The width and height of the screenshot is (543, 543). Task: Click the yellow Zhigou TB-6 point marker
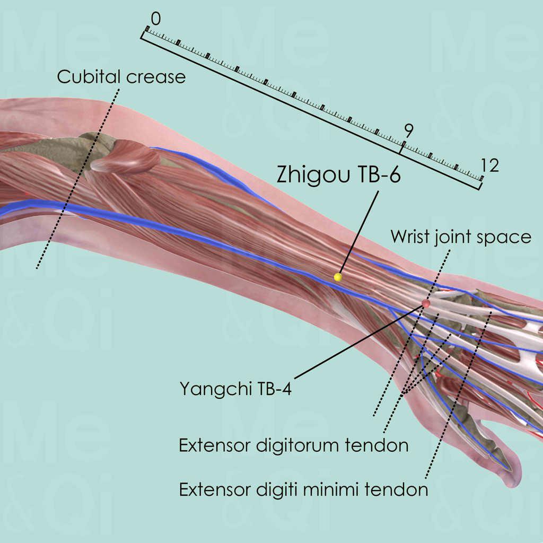tap(338, 277)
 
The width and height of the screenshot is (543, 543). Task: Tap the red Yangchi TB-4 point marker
tap(425, 303)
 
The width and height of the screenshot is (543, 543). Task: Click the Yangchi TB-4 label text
tap(235, 389)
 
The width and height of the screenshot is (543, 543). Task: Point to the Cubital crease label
tap(121, 77)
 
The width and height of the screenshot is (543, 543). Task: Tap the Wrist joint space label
tap(461, 237)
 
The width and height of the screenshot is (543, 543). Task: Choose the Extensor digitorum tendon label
tap(293, 445)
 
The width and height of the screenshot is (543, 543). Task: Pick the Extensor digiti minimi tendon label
tap(303, 489)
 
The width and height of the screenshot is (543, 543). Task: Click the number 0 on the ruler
tap(155, 19)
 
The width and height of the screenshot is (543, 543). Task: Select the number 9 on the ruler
tap(408, 130)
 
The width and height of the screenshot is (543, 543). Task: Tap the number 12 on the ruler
tap(489, 166)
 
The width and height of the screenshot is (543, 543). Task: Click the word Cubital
tap(90, 77)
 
